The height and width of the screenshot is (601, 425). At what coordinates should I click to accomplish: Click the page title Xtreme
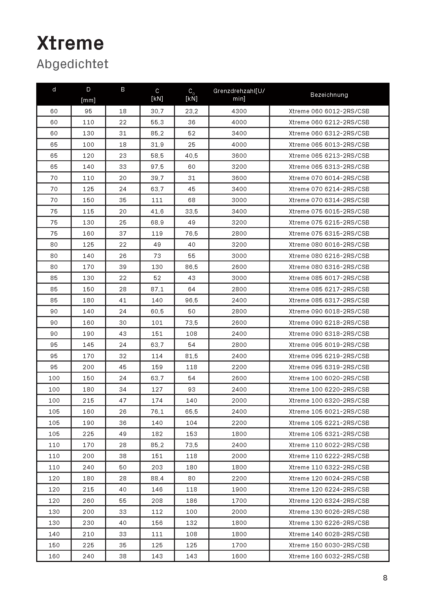[70, 43]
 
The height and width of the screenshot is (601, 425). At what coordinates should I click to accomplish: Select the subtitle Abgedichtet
[72, 64]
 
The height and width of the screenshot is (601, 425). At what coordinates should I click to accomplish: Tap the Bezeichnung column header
[329, 95]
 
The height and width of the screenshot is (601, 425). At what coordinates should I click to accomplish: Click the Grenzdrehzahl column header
[239, 95]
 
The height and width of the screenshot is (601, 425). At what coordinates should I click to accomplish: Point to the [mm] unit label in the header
[88, 100]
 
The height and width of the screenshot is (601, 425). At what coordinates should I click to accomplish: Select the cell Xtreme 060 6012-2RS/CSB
[329, 111]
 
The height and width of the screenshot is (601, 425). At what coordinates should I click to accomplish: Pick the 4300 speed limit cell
[239, 111]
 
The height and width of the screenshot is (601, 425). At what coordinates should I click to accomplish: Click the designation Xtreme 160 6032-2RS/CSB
[329, 556]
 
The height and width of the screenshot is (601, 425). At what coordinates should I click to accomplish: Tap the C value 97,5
[157, 167]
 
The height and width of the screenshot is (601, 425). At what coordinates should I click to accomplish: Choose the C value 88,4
[157, 478]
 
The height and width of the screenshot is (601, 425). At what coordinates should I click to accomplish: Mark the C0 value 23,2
[191, 111]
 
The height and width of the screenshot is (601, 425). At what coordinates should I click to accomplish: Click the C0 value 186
[191, 501]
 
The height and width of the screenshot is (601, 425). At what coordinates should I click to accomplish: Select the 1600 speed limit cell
[239, 556]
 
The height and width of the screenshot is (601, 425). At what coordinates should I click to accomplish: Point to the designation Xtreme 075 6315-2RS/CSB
[329, 234]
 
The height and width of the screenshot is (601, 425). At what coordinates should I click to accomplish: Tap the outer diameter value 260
[88, 501]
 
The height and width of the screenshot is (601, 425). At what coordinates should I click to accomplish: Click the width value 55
[123, 501]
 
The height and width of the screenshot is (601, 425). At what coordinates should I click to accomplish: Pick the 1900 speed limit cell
[239, 489]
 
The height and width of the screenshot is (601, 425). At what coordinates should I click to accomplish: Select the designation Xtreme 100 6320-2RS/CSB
[329, 401]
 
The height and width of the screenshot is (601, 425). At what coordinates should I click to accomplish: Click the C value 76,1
[157, 412]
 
